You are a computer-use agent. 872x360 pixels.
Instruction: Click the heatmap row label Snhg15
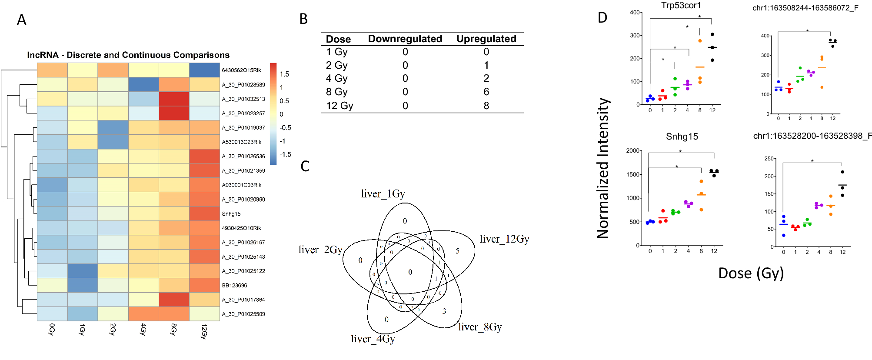(x=231, y=213)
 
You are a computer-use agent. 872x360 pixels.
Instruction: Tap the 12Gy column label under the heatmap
(x=204, y=330)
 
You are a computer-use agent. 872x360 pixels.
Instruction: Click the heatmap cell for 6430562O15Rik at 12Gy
(x=204, y=70)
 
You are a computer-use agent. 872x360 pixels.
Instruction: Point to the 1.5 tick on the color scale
(x=284, y=74)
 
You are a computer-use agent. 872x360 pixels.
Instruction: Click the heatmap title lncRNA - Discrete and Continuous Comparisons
(x=128, y=55)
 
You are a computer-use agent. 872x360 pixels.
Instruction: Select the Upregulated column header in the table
(x=486, y=39)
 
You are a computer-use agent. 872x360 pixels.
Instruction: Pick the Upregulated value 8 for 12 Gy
(x=486, y=106)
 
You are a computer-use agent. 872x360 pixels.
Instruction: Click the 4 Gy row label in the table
(x=336, y=78)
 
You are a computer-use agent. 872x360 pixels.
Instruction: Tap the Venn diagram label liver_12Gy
(x=504, y=239)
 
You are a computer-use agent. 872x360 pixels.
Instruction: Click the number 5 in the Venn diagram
(x=457, y=251)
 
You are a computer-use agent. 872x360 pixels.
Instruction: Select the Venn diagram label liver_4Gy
(x=373, y=339)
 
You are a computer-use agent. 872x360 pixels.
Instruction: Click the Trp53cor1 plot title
(x=681, y=5)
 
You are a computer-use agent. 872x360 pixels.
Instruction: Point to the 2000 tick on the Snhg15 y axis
(x=632, y=150)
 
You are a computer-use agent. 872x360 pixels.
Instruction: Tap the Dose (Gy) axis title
(x=751, y=273)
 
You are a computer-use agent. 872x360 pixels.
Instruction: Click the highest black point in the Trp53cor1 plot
(x=712, y=34)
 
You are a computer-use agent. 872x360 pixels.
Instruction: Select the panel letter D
(x=602, y=17)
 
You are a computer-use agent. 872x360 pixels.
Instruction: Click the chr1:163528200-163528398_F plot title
(x=812, y=136)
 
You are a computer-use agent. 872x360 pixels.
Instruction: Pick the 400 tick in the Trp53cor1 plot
(x=634, y=12)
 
